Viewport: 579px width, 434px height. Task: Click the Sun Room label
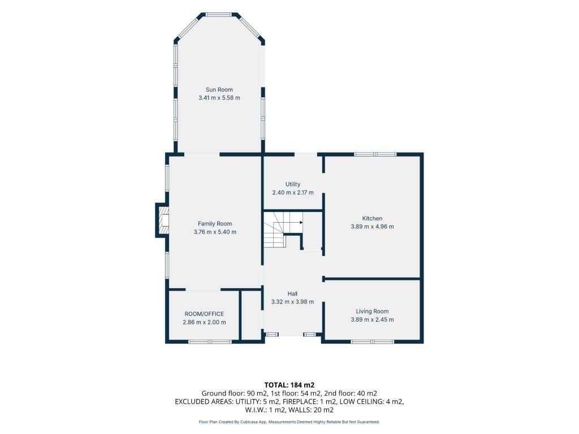[219, 90]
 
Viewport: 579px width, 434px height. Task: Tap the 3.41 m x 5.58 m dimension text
[219, 98]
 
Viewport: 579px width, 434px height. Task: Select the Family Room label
[215, 224]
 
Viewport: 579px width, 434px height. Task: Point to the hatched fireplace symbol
[163, 221]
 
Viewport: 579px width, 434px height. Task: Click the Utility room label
[293, 184]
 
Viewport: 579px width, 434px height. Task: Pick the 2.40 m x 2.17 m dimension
[293, 192]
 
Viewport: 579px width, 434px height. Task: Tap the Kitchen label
[372, 219]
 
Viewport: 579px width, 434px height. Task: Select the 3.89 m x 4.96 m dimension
[372, 227]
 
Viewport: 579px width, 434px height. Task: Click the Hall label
[292, 294]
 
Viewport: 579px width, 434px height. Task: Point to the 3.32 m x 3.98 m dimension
[292, 302]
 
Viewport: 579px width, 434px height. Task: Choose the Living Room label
[372, 311]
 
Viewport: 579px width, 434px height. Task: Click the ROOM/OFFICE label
[204, 314]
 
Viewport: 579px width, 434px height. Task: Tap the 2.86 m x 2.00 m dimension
[204, 322]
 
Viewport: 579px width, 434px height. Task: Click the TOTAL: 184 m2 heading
[289, 385]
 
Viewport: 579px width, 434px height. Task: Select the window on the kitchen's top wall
[375, 154]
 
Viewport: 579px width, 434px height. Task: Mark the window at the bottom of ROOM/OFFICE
[210, 342]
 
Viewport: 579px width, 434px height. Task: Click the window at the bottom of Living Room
[372, 342]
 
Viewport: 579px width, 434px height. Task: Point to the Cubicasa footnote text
[289, 422]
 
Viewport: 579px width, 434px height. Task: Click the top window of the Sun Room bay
[219, 15]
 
